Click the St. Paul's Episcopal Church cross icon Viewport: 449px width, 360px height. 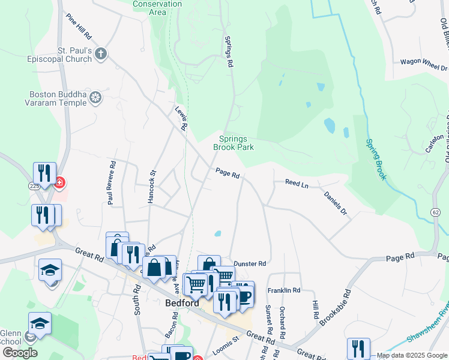point(100,54)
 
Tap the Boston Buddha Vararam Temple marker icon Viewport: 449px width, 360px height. point(95,97)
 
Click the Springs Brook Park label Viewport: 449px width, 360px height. point(234,143)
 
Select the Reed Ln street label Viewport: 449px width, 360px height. point(297,184)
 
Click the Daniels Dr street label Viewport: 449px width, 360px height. point(336,203)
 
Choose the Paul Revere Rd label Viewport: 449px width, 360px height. point(111,183)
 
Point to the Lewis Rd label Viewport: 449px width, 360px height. point(181,118)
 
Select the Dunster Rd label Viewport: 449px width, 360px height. point(249,263)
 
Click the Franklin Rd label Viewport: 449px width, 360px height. point(284,290)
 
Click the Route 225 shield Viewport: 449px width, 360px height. point(34,187)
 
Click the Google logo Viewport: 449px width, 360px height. point(20,353)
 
